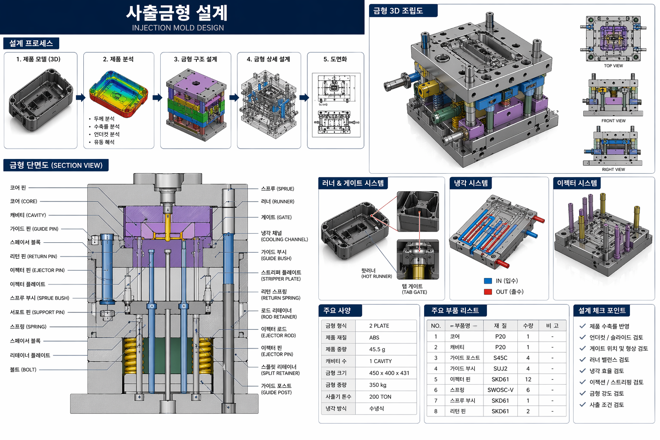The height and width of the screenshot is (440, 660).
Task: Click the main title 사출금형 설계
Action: tap(177, 13)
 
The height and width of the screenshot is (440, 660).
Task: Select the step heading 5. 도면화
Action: tap(335, 59)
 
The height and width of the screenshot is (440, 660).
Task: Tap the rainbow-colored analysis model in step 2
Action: tap(119, 93)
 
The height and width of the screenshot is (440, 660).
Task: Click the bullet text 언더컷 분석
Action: tap(107, 134)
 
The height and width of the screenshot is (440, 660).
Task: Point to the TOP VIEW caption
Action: tap(613, 66)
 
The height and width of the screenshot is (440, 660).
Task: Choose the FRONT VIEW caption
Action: tap(613, 121)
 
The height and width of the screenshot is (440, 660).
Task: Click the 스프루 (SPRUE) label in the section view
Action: tap(277, 189)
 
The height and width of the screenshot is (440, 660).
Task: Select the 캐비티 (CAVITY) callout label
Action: tap(28, 215)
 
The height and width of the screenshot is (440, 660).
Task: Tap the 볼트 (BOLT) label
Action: tap(23, 370)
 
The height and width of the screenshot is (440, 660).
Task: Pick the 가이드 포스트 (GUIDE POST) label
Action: tap(276, 389)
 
